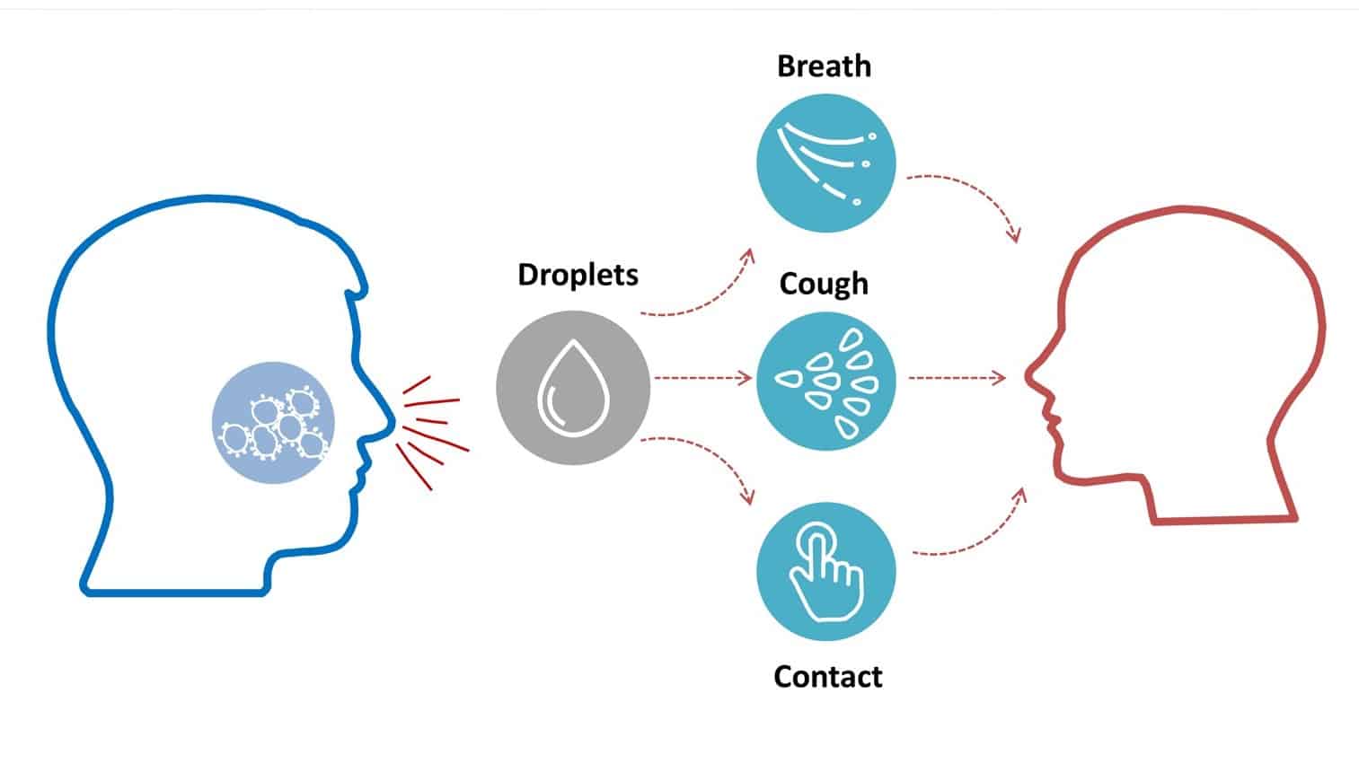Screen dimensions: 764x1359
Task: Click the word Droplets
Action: coord(578,275)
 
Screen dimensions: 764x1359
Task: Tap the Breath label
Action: coord(824,66)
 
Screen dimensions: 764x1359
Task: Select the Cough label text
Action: coord(824,284)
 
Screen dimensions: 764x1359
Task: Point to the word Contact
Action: coord(827,676)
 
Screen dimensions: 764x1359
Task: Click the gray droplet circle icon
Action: coord(572,387)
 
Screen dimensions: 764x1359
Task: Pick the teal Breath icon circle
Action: coord(825,163)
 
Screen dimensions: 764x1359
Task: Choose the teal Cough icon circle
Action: coord(825,381)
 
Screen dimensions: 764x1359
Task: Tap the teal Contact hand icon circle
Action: coord(825,571)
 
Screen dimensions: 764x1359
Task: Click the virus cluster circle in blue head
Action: coord(273,423)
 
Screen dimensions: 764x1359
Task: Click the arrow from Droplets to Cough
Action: coord(702,378)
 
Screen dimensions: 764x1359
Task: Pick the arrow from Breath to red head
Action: coord(970,198)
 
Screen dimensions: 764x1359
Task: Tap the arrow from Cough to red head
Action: coord(957,378)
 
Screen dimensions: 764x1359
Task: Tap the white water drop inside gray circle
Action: coord(572,389)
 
